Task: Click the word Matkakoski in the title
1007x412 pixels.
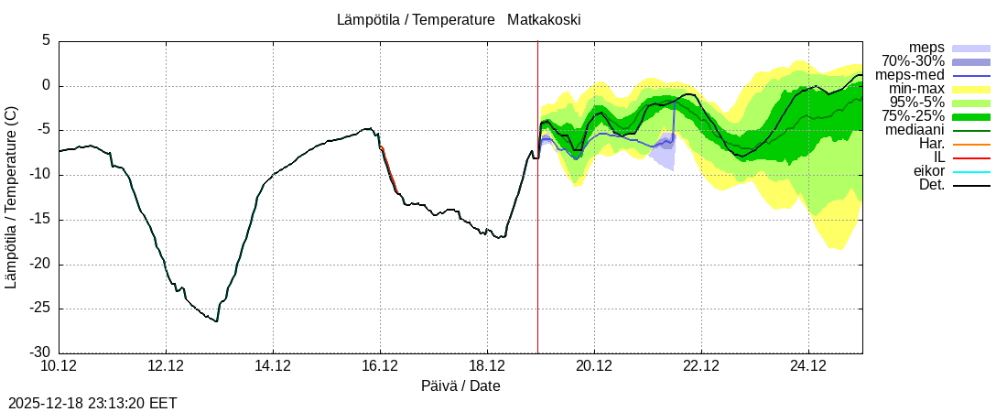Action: [x=546, y=19]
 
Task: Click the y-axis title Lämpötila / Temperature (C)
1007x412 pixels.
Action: [x=11, y=197]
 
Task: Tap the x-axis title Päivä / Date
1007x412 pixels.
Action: [x=460, y=385]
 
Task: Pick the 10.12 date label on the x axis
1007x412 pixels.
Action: [x=59, y=367]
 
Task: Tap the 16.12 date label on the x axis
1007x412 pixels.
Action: [x=380, y=367]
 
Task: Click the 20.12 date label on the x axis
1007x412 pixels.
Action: [x=594, y=367]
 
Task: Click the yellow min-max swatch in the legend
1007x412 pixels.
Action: [x=971, y=89]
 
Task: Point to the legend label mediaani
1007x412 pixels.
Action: [x=915, y=130]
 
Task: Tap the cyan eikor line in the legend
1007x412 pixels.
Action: [x=971, y=172]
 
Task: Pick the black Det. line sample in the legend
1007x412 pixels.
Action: [x=971, y=186]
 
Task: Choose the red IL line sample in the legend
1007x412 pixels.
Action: [x=971, y=158]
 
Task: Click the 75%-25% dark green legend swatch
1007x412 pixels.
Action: [x=971, y=116]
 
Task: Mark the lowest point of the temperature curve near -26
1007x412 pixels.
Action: [x=217, y=321]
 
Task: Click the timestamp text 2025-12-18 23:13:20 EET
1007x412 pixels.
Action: [x=92, y=403]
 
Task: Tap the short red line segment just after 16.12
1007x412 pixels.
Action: [x=389, y=168]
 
